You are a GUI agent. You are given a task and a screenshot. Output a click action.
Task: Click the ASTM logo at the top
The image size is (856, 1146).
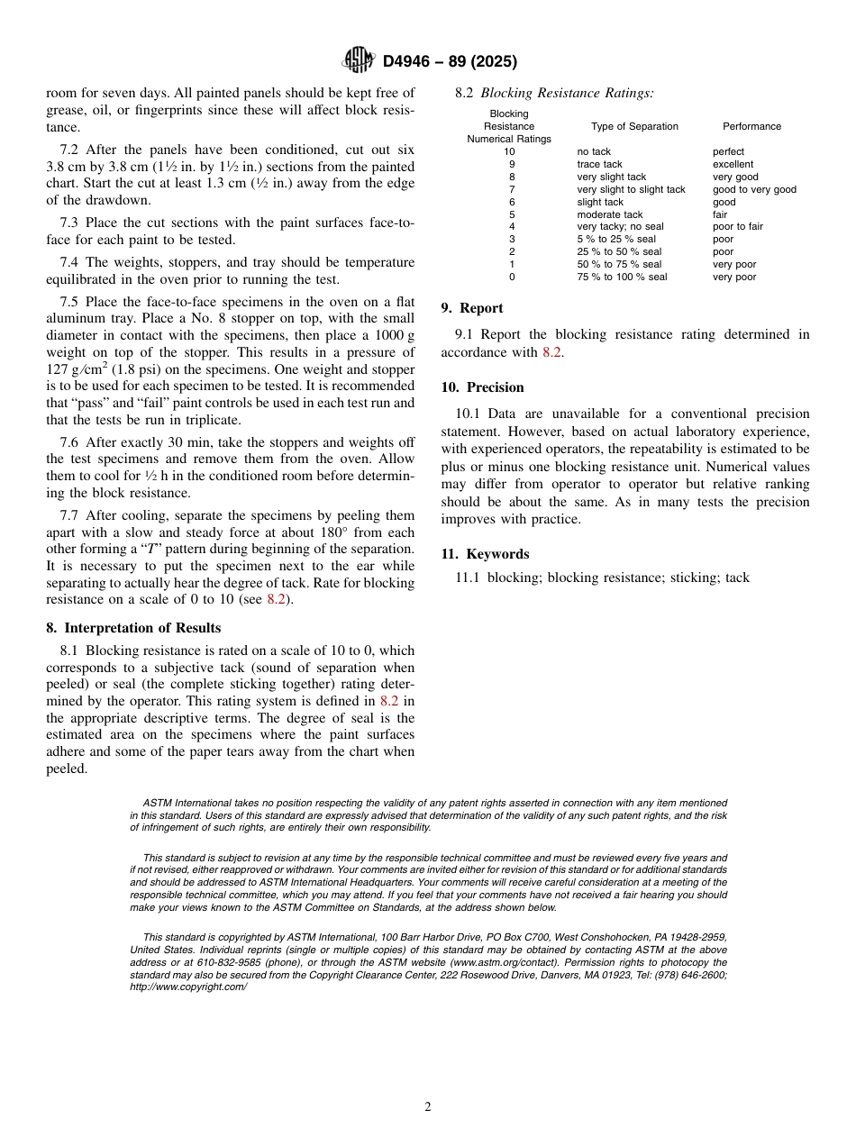click(x=358, y=60)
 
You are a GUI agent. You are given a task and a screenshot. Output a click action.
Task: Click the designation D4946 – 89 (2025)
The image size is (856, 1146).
click(x=450, y=61)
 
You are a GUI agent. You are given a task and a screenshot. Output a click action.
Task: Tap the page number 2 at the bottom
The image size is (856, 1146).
click(x=428, y=1107)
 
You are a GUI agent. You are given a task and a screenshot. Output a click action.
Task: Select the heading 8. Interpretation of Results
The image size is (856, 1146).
click(x=133, y=628)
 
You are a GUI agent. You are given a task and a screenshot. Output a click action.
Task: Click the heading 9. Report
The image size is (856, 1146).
click(x=472, y=308)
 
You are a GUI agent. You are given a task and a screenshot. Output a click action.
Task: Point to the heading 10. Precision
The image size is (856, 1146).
click(x=482, y=387)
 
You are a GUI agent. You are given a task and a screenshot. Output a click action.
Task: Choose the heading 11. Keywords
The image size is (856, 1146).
click(x=485, y=554)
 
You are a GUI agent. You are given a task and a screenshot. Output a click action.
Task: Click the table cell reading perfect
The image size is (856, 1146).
click(x=728, y=152)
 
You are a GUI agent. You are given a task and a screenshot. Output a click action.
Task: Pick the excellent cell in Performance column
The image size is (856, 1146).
click(x=733, y=165)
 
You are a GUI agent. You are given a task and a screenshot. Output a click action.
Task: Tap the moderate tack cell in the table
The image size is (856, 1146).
click(x=610, y=214)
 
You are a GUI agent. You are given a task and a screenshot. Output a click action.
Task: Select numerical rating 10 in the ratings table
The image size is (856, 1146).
click(x=509, y=152)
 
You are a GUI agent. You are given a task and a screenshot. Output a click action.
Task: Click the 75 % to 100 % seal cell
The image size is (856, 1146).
click(x=622, y=277)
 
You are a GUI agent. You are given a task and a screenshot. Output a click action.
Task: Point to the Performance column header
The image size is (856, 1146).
click(x=751, y=127)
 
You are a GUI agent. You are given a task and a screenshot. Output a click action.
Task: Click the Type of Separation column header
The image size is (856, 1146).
click(x=634, y=127)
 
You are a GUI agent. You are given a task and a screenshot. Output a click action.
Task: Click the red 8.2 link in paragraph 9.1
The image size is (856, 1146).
click(x=551, y=352)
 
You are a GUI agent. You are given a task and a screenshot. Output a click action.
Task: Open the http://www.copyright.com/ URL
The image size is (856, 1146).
click(x=188, y=987)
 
